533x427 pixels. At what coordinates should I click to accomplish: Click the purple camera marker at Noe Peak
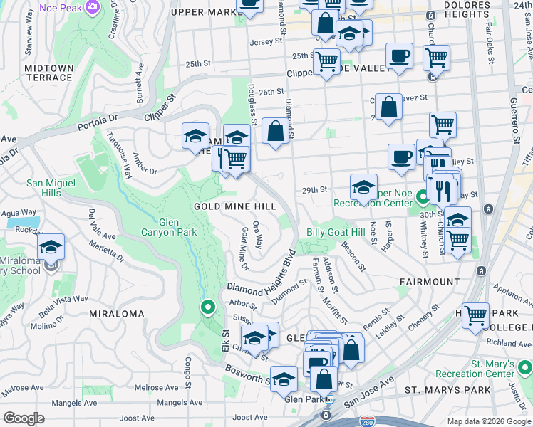[x=92, y=7]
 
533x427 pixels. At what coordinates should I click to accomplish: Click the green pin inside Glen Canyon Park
[x=207, y=308]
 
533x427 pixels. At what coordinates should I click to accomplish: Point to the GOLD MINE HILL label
[x=234, y=206]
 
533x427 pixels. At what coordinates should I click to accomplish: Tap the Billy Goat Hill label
[x=335, y=232]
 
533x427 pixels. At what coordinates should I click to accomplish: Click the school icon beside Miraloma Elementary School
[x=51, y=247]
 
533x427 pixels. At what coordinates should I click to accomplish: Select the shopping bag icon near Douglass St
[x=275, y=132]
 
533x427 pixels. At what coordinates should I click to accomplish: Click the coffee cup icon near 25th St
[x=399, y=56]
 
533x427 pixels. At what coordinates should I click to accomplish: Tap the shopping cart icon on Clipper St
[x=326, y=63]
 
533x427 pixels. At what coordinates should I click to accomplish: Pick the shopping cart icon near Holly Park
[x=475, y=315]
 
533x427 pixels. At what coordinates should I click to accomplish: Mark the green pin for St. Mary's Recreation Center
[x=525, y=368]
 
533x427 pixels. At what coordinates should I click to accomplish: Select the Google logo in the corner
[x=24, y=418]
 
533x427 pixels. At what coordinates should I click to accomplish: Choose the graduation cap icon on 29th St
[x=363, y=188]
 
